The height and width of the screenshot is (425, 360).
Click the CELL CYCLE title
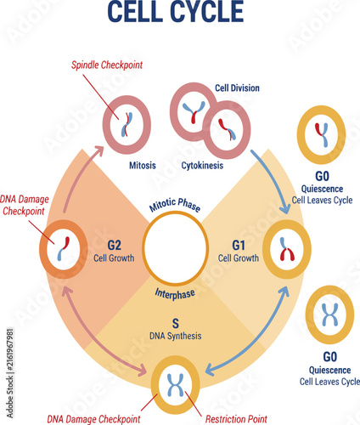click(x=176, y=11)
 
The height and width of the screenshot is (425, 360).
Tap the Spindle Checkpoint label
click(x=107, y=65)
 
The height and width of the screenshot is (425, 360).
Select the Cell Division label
click(x=237, y=88)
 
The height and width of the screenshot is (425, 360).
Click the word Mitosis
click(x=143, y=166)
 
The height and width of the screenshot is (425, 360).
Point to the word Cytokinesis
click(x=202, y=166)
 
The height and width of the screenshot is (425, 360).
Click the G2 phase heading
click(x=114, y=246)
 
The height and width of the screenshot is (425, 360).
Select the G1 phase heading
click(x=239, y=246)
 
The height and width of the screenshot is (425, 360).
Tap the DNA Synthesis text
click(x=176, y=336)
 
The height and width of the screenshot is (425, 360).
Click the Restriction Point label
click(x=236, y=419)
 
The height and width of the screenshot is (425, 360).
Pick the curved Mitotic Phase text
click(x=175, y=204)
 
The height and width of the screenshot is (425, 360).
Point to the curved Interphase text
click(x=175, y=294)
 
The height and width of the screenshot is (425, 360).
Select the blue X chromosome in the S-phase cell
click(x=176, y=385)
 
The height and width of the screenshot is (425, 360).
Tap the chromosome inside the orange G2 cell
click(x=64, y=248)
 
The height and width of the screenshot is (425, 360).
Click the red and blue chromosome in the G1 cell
click(x=287, y=249)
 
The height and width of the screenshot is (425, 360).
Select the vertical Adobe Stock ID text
click(x=10, y=373)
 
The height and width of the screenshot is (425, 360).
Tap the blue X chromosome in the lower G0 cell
click(x=330, y=314)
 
